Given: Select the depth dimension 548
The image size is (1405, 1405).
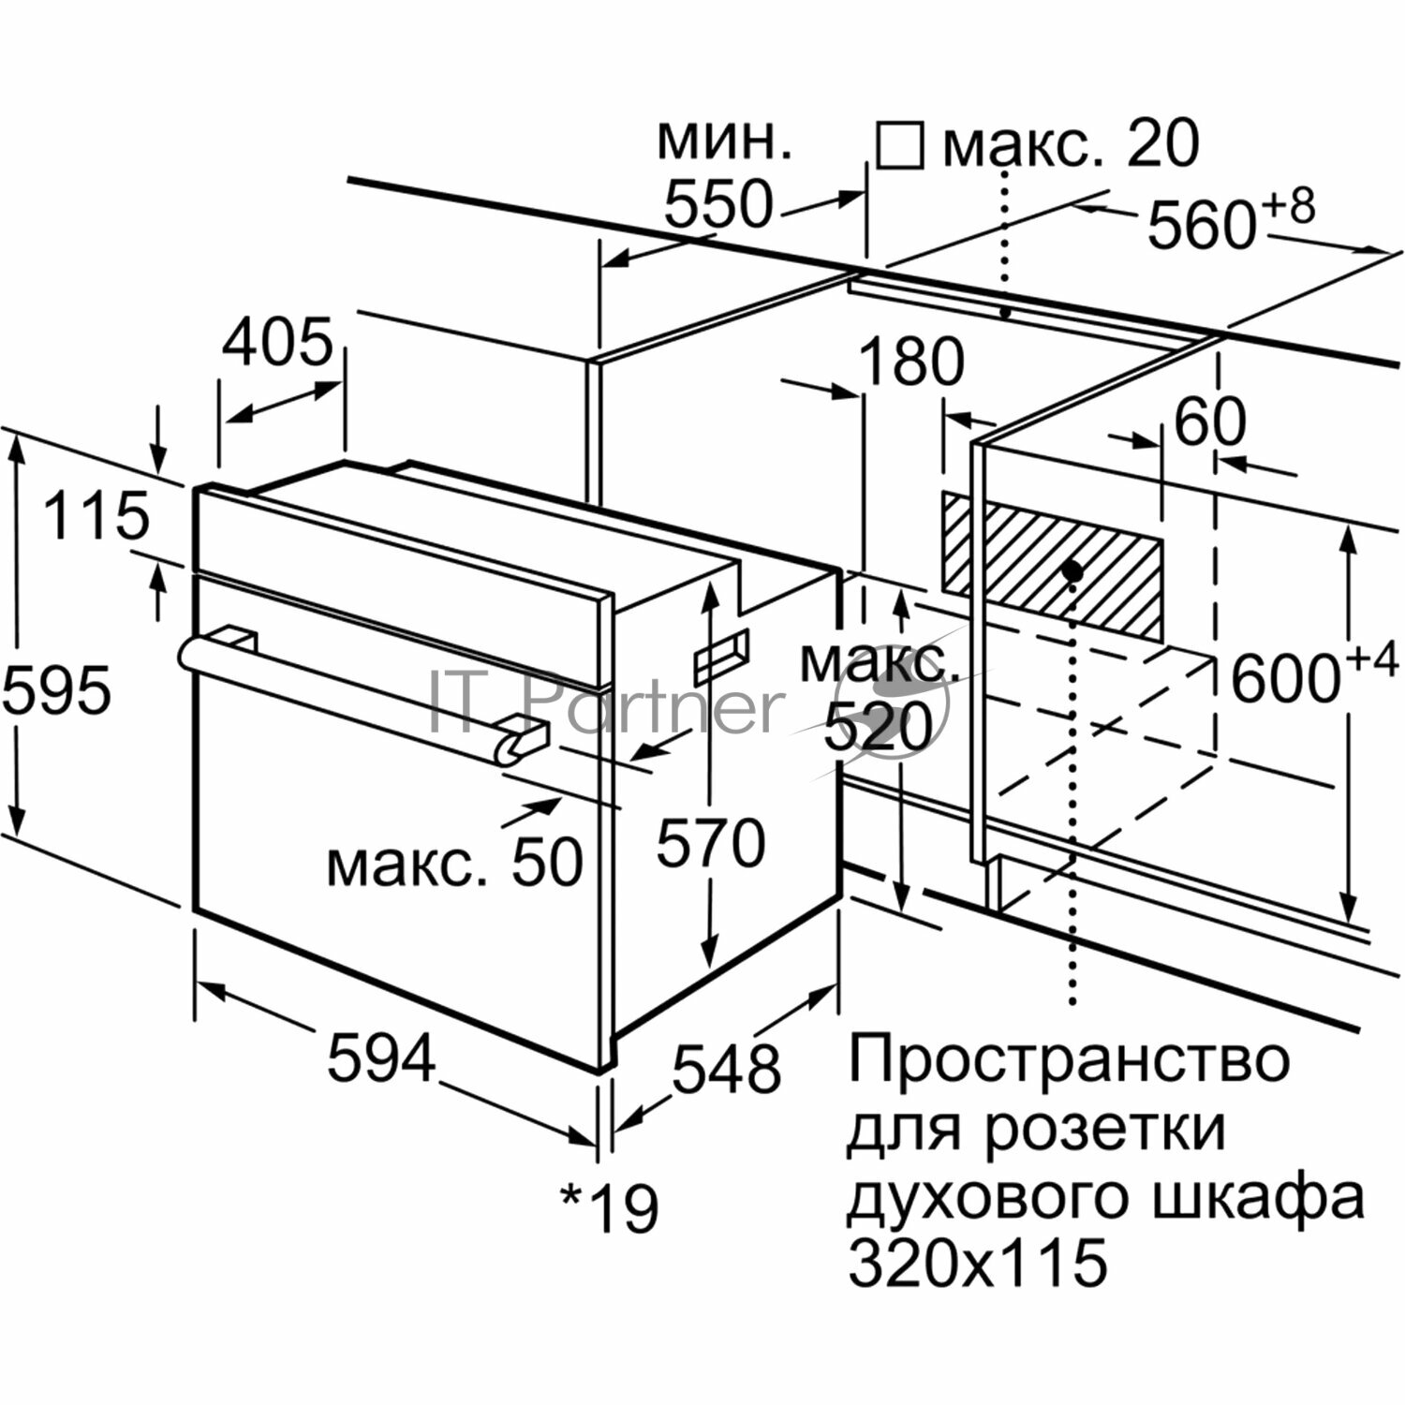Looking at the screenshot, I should coord(727,1069).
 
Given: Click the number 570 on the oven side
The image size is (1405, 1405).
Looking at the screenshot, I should coord(710,843).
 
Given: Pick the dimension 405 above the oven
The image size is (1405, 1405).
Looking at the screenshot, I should coord(277,342).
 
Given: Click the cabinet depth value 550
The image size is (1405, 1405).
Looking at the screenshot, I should coord(718,205).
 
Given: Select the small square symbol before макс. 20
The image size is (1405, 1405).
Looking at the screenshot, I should coord(899,145).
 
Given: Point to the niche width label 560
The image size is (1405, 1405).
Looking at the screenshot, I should coord(1202,225).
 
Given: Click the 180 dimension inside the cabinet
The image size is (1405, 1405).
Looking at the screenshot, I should coord(911,362).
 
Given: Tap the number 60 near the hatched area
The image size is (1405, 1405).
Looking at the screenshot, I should coord(1210,422).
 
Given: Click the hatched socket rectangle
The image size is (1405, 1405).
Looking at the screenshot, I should coord(1053,566).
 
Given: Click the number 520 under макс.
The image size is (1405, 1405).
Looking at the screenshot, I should coord(879,727).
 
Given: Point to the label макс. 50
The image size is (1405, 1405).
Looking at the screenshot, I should coord(455,864).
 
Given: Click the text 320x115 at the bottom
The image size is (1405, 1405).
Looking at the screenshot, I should coord(978,1262).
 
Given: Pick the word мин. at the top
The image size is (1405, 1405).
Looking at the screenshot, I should coord(724,140).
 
